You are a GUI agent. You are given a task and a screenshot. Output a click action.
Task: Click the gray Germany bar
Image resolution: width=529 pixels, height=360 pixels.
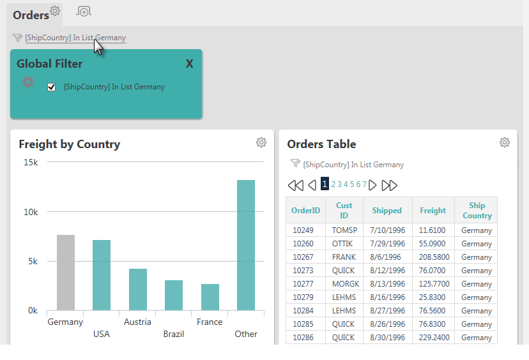point(66,273)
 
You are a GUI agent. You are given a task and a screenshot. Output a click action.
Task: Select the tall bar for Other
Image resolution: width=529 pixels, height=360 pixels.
point(246,245)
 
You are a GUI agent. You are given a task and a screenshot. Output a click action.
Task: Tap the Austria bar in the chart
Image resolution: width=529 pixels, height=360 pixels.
point(138,289)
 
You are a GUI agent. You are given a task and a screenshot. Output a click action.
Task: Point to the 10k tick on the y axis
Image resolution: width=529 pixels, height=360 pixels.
point(31,212)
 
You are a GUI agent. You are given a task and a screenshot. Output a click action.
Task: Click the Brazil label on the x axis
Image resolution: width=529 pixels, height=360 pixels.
point(174,334)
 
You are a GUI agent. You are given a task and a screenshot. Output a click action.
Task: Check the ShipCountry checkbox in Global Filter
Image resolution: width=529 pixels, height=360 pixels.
point(51,87)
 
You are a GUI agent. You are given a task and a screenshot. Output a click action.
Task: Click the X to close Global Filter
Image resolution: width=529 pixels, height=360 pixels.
point(190,63)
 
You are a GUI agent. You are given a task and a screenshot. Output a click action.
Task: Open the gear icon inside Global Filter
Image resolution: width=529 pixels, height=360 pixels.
point(28,82)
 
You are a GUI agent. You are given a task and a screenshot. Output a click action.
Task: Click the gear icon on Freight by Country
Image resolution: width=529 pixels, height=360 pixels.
point(261,142)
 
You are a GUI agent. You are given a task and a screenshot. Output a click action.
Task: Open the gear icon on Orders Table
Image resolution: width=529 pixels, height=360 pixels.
point(505,142)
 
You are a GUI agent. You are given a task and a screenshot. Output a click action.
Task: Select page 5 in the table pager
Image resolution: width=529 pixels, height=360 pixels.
point(352,184)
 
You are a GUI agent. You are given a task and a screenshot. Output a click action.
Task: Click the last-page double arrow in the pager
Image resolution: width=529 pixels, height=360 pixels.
point(389,185)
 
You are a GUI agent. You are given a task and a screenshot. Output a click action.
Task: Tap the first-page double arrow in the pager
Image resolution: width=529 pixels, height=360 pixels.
point(296,185)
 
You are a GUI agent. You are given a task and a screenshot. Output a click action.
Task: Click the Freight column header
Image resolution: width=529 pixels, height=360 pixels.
point(433,211)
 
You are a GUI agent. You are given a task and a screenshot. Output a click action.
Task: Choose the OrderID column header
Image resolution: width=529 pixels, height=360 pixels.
point(305,211)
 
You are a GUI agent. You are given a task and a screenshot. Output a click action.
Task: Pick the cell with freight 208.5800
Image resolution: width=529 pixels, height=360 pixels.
point(434,257)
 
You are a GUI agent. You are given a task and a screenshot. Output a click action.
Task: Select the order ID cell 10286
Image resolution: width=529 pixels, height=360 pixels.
point(303,338)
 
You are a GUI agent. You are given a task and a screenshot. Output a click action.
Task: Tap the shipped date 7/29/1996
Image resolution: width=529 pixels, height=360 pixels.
point(387,244)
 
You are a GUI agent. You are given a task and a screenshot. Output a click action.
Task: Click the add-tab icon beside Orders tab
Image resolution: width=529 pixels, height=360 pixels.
point(84,11)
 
